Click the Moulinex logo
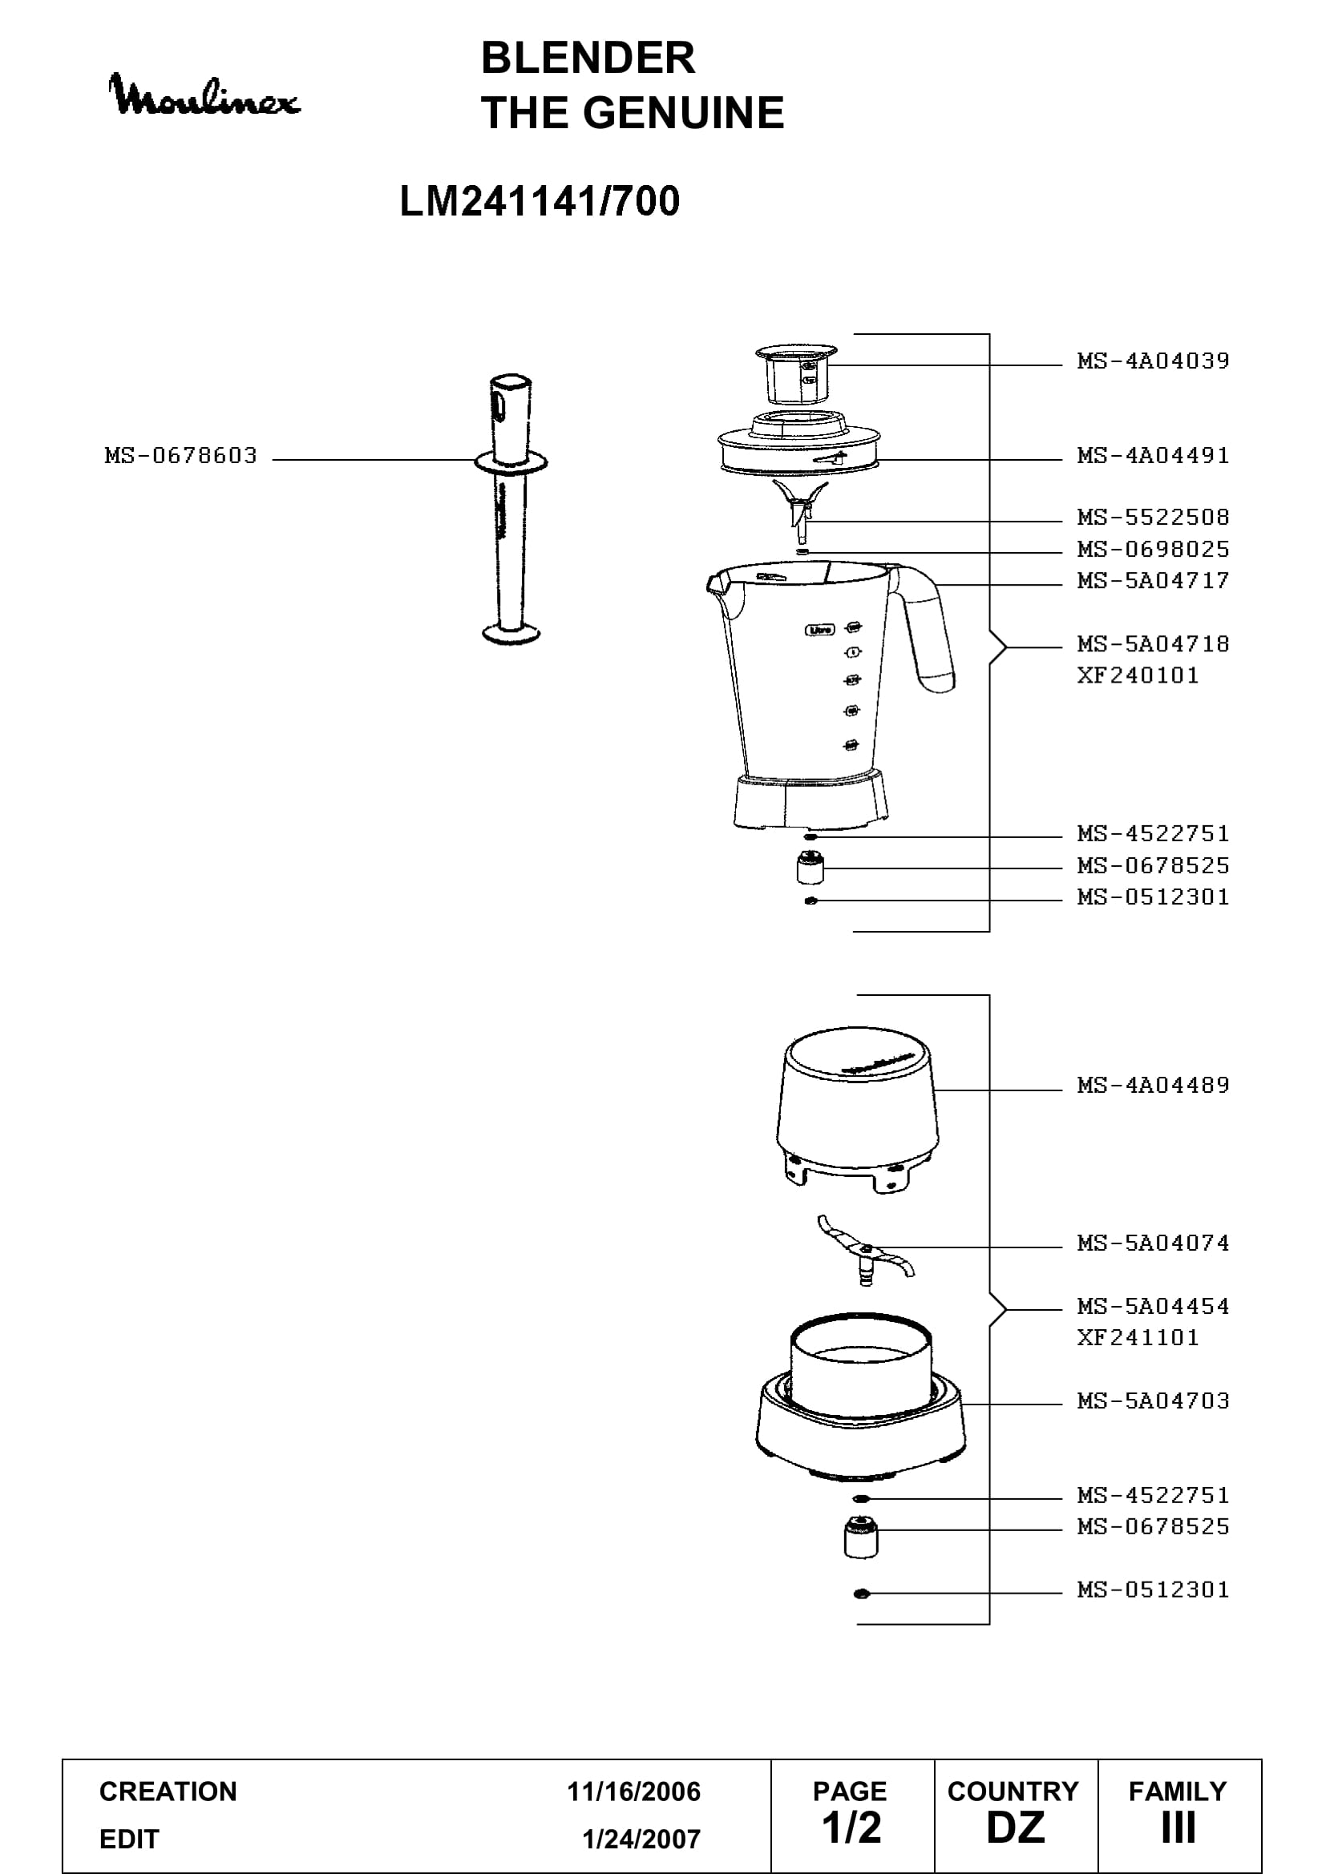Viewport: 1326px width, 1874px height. pos(204,95)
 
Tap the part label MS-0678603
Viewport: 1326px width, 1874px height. pos(181,455)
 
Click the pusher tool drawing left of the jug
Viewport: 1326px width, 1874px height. pos(511,509)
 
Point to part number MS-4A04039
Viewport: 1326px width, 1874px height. pos(1153,361)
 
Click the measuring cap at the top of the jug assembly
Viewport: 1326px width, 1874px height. pos(797,374)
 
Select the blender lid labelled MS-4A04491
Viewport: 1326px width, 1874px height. pos(798,444)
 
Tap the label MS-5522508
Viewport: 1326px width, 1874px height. pos(1153,518)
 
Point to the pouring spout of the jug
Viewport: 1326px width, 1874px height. pos(718,583)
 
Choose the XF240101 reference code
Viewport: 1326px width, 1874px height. pos(1138,676)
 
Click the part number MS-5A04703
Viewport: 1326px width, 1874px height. pos(1153,1401)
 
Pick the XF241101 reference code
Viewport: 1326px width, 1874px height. pos(1138,1338)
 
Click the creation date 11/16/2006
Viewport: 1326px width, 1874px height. pos(633,1791)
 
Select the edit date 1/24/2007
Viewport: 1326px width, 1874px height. pos(641,1839)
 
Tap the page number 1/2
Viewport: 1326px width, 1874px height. pos(851,1828)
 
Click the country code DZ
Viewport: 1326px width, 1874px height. pos(1016,1828)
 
